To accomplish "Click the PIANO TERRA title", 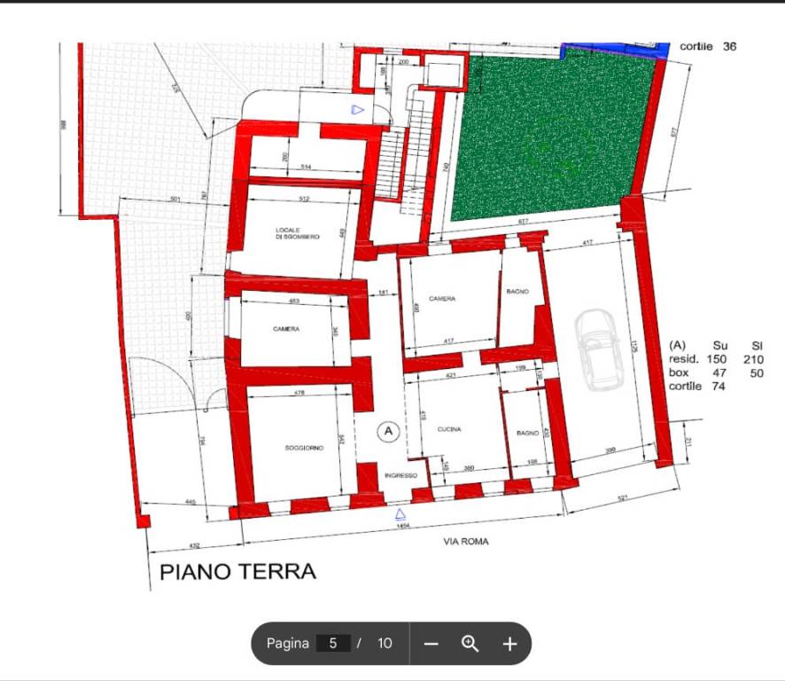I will (x=237, y=571).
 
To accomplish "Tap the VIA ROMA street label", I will (x=466, y=541).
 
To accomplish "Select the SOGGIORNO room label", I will (x=304, y=449).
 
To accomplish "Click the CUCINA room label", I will (x=449, y=429).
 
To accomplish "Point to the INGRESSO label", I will (x=400, y=476).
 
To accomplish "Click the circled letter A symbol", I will (x=387, y=432).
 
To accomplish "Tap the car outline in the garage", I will (x=600, y=350).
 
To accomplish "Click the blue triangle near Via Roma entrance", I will (x=400, y=513).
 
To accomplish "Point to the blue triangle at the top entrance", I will (x=357, y=110).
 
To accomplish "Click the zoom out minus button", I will (x=431, y=644).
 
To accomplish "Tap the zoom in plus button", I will (x=509, y=644).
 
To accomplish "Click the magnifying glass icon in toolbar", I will (x=470, y=644).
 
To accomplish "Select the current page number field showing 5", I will (x=333, y=644).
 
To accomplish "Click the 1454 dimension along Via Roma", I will (x=402, y=527).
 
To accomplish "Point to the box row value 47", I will (x=719, y=373).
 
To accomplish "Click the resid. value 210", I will (x=752, y=360).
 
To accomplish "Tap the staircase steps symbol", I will (x=391, y=163).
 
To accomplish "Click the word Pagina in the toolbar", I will (x=288, y=644).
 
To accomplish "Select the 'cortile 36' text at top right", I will (x=708, y=46).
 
